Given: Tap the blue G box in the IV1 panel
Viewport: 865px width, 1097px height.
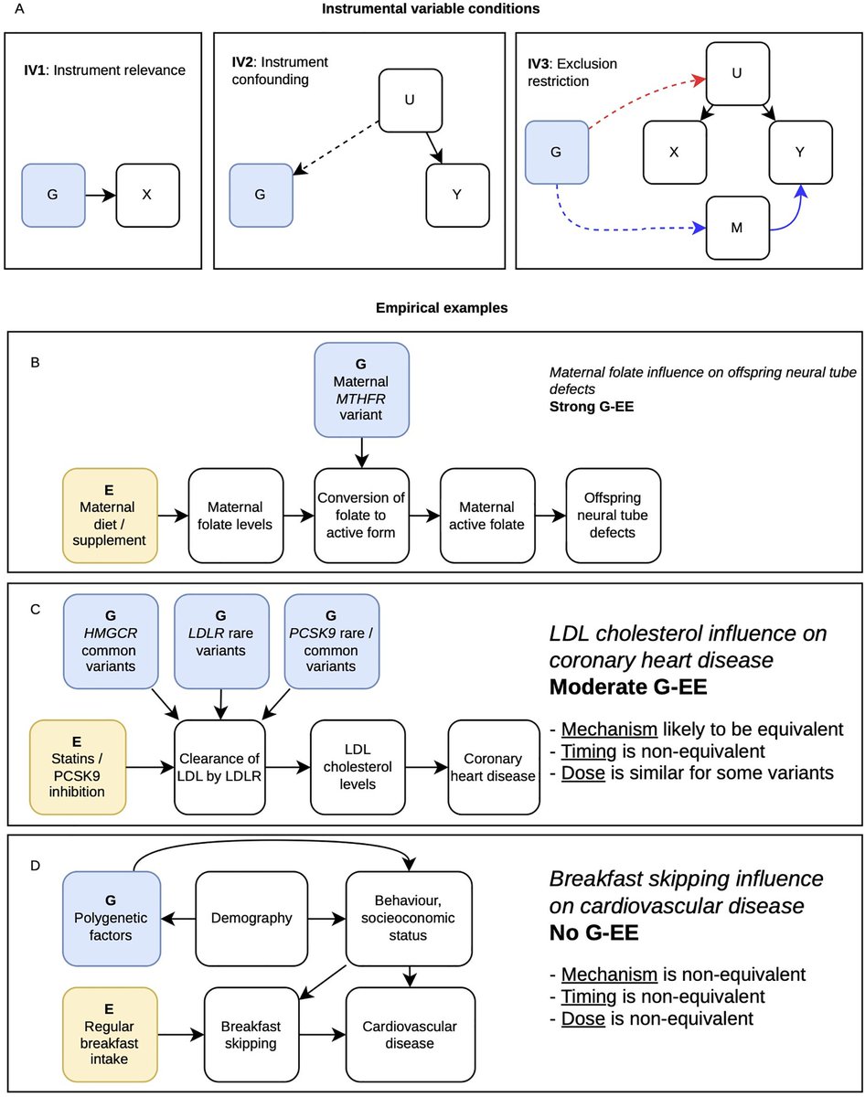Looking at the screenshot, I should point(54,196).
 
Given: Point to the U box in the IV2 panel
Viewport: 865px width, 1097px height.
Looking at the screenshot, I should point(411,100).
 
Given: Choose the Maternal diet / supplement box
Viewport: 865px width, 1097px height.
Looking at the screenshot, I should point(111,515).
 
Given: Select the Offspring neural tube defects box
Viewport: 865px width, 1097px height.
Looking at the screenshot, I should point(612,515).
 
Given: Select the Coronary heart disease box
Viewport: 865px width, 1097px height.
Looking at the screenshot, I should point(486,767).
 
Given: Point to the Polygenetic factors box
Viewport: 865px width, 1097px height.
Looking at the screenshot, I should point(112,917).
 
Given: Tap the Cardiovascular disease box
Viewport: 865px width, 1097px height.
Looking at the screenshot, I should point(408,1030).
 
